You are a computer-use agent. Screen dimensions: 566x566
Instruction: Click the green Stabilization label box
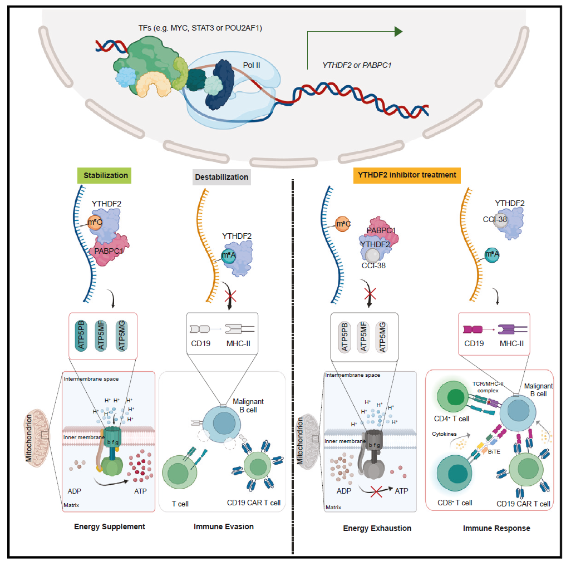click(x=106, y=175)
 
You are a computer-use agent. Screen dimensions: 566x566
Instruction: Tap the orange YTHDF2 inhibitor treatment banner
click(x=407, y=175)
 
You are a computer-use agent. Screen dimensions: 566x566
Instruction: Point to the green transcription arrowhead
click(x=398, y=31)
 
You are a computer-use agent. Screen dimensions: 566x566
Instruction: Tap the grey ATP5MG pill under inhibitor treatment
click(x=382, y=337)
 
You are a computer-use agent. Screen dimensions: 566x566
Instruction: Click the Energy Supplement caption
click(x=110, y=526)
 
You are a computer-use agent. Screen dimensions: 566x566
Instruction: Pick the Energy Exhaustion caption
click(x=377, y=528)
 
